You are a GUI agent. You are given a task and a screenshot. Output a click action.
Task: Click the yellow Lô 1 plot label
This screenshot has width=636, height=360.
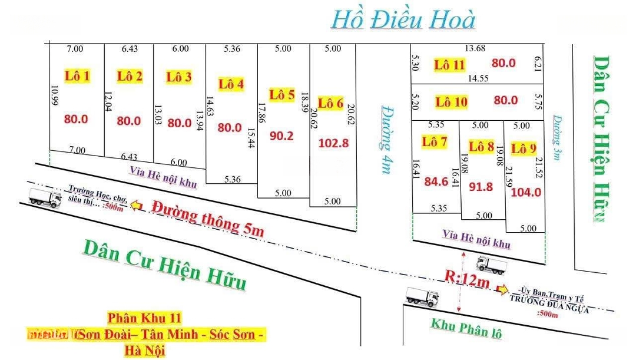click(x=77, y=75)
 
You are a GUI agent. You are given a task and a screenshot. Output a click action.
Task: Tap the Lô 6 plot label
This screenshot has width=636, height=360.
click(x=330, y=103)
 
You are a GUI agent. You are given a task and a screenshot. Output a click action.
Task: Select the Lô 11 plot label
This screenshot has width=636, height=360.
click(x=450, y=65)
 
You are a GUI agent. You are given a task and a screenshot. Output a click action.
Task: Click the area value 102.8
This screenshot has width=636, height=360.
click(x=333, y=143)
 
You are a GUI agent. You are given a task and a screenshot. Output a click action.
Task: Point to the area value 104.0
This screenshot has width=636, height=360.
click(x=526, y=191)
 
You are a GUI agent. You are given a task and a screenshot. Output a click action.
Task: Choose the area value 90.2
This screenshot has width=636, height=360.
click(x=281, y=136)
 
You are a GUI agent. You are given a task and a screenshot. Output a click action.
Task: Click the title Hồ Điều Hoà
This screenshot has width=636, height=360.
click(x=403, y=20)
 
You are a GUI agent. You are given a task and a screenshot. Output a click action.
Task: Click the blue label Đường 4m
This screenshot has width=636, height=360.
click(x=386, y=139)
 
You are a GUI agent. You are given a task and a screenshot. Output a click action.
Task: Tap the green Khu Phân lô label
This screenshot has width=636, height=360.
click(x=466, y=327)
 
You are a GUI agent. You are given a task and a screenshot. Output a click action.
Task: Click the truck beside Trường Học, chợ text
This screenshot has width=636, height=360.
click(x=45, y=199)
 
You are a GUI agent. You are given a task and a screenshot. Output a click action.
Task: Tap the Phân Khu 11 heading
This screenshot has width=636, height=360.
click(x=144, y=318)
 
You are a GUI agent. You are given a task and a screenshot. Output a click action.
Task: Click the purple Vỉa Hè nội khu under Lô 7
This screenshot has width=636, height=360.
click(x=476, y=239)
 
